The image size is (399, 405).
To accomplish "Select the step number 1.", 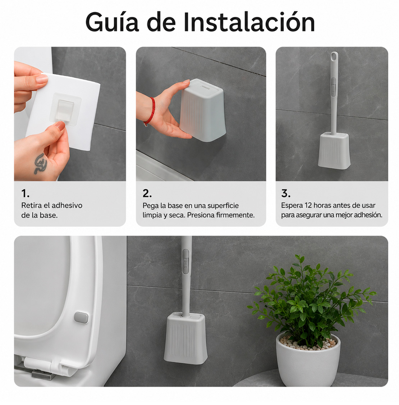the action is click(25, 193).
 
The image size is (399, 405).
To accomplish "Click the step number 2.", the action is click(147, 193).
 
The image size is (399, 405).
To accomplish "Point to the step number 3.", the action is click(286, 193).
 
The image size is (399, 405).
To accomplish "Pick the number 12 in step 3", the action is click(308, 205).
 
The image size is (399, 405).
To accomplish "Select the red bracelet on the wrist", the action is click(151, 111).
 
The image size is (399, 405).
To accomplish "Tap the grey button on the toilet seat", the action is click(81, 318).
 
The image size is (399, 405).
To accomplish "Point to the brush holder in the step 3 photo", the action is click(334, 151).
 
